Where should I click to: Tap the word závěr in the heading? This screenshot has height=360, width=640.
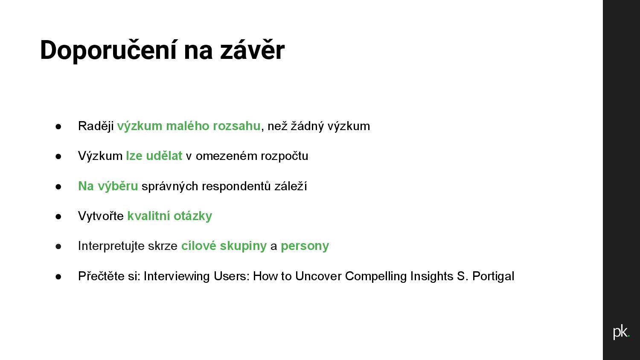point(252,50)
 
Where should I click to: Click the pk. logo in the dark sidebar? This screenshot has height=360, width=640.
point(621,332)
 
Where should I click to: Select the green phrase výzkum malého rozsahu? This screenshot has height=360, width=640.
point(189,126)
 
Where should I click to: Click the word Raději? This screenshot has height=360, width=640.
point(96,126)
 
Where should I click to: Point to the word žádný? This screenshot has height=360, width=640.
point(307,126)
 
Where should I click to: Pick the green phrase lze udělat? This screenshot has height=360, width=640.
point(154,156)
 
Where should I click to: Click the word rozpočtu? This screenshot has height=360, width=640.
point(285,156)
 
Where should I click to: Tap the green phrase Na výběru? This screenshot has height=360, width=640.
point(108,186)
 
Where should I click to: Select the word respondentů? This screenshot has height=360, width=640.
point(236,186)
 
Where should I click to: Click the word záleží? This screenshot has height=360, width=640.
point(291,186)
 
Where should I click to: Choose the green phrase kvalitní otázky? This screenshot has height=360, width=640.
point(170,216)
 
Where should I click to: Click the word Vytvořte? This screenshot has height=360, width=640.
point(101,216)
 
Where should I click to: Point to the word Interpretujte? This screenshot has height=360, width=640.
point(111,246)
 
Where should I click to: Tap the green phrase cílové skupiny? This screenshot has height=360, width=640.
point(224,246)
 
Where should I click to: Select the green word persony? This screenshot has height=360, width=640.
point(305,246)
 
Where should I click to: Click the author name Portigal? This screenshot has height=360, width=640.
point(493,276)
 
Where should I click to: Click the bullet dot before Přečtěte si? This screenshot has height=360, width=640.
point(58,276)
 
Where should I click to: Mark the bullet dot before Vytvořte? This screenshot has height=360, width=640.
point(58,217)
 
